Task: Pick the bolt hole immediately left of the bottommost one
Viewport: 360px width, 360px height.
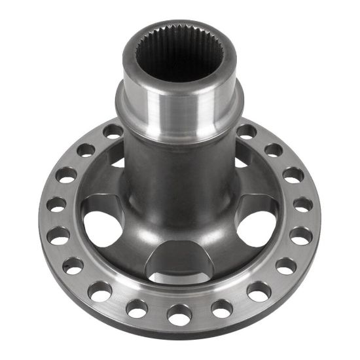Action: pos(137,308)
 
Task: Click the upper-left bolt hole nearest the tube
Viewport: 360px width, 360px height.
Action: pos(113,131)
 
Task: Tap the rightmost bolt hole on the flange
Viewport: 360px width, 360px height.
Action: pos(302,205)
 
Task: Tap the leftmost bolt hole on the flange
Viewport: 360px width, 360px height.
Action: pos(56,204)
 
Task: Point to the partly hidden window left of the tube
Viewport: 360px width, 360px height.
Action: pos(117,157)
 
